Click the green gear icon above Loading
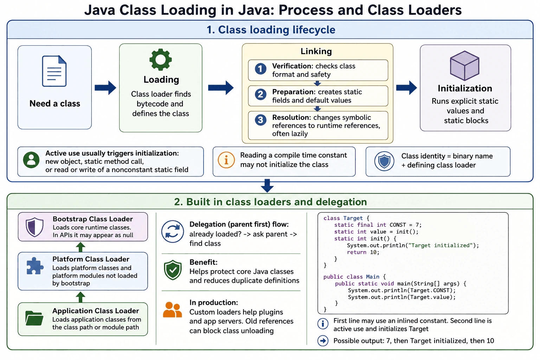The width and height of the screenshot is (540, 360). point(161,59)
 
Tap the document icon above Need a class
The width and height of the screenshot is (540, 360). point(54,71)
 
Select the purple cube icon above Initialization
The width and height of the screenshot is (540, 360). point(464,66)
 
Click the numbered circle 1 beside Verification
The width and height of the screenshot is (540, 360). point(261,69)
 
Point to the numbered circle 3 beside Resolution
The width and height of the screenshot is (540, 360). point(261,120)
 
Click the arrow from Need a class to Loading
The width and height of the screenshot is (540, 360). point(105,88)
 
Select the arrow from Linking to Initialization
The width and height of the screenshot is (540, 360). point(406,88)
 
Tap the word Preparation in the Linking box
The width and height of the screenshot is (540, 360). point(292,92)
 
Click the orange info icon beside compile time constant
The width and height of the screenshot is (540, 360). point(226,160)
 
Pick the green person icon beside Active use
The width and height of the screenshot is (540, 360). point(31,160)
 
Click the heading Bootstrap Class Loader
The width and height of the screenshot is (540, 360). point(93,219)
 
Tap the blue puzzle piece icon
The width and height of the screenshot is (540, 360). point(35,266)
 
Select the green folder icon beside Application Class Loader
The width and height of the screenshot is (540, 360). point(34,318)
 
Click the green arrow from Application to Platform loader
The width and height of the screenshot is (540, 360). point(81,297)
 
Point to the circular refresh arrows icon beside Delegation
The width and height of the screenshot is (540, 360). point(173,231)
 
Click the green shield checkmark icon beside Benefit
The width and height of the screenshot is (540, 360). point(173,270)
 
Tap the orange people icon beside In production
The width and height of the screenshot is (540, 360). point(172,310)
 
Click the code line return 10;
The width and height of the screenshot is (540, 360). point(363,252)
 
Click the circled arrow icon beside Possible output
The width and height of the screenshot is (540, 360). point(323,341)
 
